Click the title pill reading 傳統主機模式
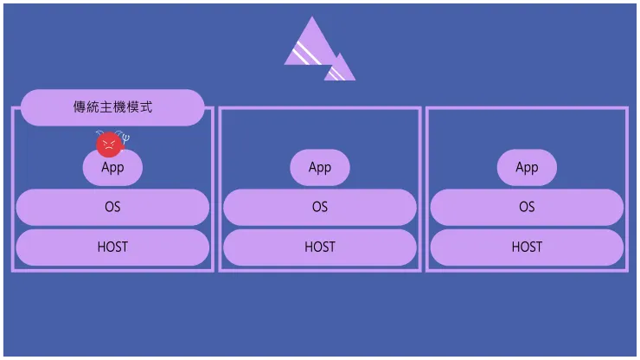(x=112, y=107)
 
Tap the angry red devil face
(x=107, y=143)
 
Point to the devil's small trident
(x=125, y=137)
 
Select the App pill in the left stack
(x=112, y=168)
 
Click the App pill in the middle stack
(x=320, y=168)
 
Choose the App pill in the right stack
(x=527, y=168)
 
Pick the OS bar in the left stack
(x=112, y=208)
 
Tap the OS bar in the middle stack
(x=320, y=208)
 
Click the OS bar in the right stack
(x=527, y=208)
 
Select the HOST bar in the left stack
(x=112, y=247)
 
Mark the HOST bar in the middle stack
(x=320, y=247)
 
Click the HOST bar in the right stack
(x=527, y=247)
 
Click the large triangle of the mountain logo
(x=310, y=48)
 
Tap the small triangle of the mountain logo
(x=341, y=69)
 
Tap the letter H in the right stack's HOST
(x=516, y=247)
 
